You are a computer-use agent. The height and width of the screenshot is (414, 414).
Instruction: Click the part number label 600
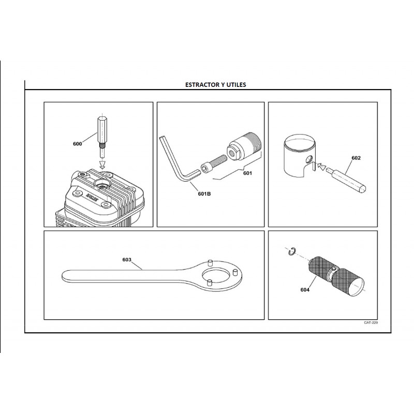tap(77, 144)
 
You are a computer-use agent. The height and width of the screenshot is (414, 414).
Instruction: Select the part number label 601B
tap(204, 194)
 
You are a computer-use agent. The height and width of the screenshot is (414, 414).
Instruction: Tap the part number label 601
tap(247, 173)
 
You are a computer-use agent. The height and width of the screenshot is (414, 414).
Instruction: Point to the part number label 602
tap(356, 158)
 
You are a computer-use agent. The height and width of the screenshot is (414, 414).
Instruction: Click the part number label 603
tap(127, 260)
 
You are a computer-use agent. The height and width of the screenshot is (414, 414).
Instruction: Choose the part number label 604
tap(305, 290)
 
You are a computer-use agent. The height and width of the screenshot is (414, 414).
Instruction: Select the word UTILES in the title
tap(236, 85)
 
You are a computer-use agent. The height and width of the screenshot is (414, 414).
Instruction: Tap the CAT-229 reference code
tap(371, 322)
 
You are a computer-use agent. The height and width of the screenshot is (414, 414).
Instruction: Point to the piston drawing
tap(300, 156)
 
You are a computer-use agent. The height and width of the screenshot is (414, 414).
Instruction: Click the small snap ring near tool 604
tap(292, 252)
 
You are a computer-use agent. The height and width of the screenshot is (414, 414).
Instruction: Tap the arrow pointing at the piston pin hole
tap(321, 166)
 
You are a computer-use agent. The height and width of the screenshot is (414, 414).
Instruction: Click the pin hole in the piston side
tap(309, 159)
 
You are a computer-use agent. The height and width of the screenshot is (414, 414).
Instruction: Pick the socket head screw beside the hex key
tap(213, 164)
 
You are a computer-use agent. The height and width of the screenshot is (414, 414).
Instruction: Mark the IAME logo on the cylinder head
tap(92, 197)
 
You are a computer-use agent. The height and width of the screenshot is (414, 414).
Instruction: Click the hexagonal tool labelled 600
tap(102, 137)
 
